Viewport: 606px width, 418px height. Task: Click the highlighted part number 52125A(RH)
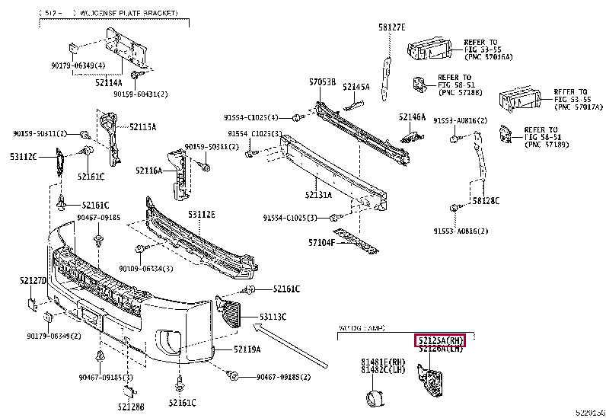pyautogui.click(x=439, y=341)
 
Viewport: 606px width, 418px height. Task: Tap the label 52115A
pyautogui.click(x=142, y=126)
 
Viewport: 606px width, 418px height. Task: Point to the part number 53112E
pyautogui.click(x=202, y=215)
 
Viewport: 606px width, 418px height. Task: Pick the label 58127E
pyautogui.click(x=392, y=28)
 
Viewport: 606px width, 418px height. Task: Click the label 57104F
pyautogui.click(x=324, y=243)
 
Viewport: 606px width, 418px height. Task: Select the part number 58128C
pyautogui.click(x=485, y=201)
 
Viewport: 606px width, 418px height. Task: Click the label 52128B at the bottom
pyautogui.click(x=131, y=406)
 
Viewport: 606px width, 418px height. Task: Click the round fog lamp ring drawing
pyautogui.click(x=374, y=400)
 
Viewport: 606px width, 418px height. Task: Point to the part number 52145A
pyautogui.click(x=356, y=87)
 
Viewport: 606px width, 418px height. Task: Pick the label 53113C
pyautogui.click(x=273, y=316)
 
